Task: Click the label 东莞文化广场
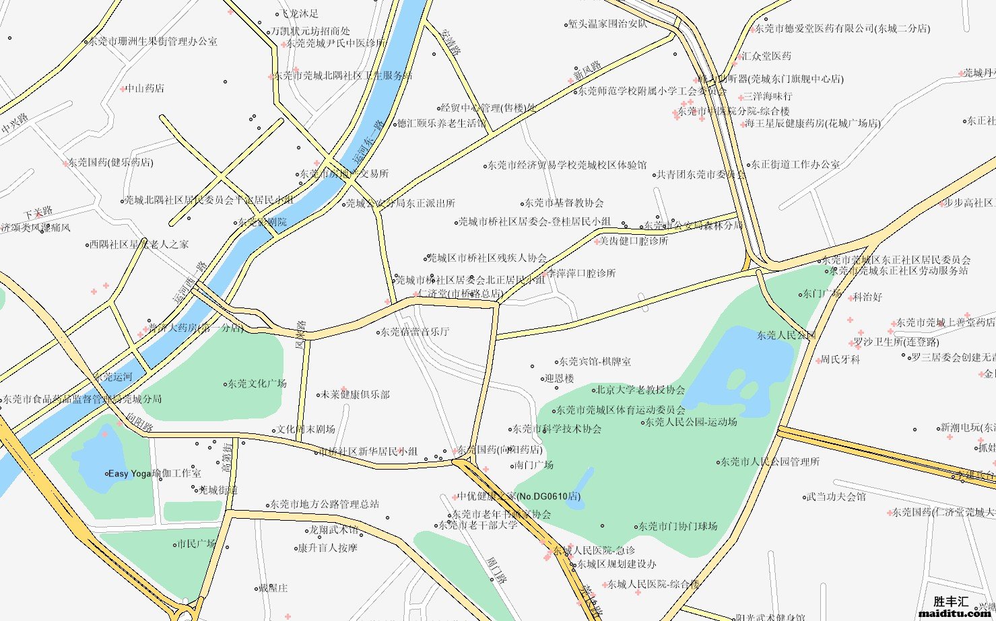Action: point(257,383)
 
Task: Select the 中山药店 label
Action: point(145,88)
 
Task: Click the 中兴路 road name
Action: point(15,123)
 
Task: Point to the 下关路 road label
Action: point(37,214)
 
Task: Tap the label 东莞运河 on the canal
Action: point(112,377)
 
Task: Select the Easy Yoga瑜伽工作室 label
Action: point(154,474)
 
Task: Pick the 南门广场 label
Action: point(533,465)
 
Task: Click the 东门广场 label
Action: point(822,294)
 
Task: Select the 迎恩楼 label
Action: point(560,379)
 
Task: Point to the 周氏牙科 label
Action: point(840,360)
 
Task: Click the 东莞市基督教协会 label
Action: point(564,203)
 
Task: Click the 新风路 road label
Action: point(587,70)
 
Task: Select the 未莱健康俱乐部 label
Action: point(355,395)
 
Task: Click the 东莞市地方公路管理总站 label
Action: point(325,504)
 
